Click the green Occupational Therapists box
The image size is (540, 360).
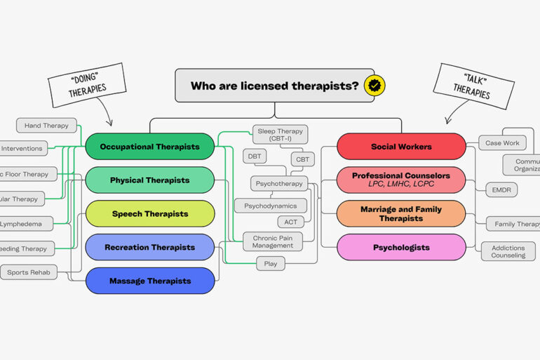pyautogui.click(x=149, y=147)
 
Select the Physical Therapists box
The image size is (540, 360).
pyautogui.click(x=149, y=180)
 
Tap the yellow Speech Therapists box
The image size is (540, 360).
pyautogui.click(x=149, y=214)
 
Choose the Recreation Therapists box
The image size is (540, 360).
pyautogui.click(x=149, y=247)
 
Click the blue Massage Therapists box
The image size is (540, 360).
pyautogui.click(x=149, y=281)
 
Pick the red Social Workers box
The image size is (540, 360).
pyautogui.click(x=401, y=147)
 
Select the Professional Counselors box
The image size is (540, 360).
pyautogui.click(x=401, y=180)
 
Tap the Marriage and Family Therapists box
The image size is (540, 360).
pyautogui.click(x=401, y=213)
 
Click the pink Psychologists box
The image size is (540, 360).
pyautogui.click(x=401, y=247)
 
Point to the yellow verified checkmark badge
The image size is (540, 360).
pyautogui.click(x=375, y=86)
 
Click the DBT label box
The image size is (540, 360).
pyautogui.click(x=255, y=156)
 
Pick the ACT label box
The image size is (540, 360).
pyautogui.click(x=290, y=222)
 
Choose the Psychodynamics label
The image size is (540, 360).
pyautogui.click(x=270, y=206)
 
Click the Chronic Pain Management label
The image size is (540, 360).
pyautogui.click(x=274, y=242)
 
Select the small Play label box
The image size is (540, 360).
pyautogui.click(x=270, y=264)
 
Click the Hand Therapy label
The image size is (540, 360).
pyautogui.click(x=46, y=126)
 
